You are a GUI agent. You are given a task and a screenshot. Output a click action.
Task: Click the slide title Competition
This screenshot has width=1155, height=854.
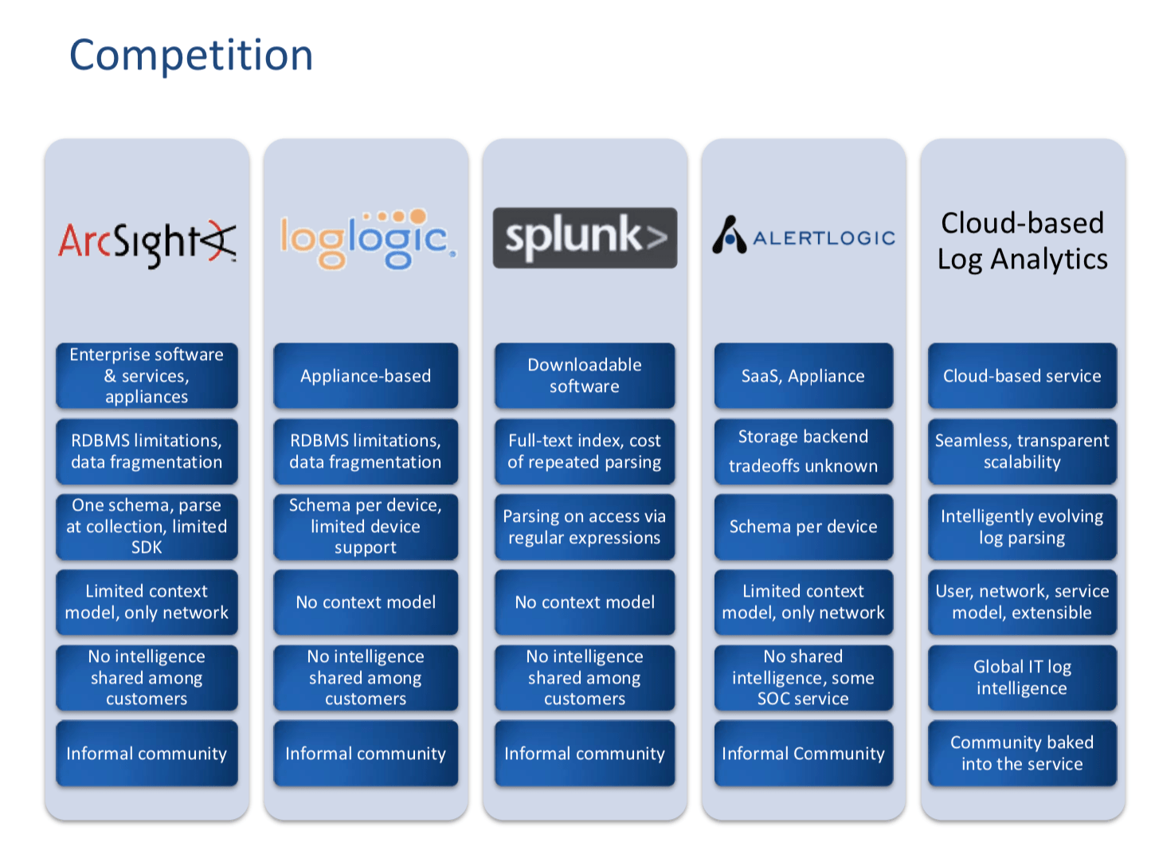pos(191,55)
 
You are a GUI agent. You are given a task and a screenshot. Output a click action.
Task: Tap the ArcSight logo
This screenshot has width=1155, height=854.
pos(147,241)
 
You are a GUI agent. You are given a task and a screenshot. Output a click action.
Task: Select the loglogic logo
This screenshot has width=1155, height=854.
pos(367,239)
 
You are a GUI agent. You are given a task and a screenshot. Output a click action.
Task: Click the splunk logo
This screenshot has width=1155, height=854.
pos(585,237)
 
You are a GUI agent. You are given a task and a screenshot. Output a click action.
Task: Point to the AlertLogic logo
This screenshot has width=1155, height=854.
pos(803,237)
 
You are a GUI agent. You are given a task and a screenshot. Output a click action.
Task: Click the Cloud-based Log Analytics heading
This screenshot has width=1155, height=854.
pos(1022,241)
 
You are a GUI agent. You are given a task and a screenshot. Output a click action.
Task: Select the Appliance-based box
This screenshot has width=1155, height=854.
pos(366,376)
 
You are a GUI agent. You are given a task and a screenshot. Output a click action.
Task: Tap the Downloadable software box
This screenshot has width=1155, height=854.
pos(585,376)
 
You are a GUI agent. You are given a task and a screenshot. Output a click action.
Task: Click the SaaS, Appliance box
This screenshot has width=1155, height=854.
pos(803,376)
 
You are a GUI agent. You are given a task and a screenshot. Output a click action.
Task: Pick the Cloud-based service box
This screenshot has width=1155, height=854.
pos(1022,376)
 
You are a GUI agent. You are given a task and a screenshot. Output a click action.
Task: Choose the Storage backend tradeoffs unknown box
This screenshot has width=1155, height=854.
pos(803,452)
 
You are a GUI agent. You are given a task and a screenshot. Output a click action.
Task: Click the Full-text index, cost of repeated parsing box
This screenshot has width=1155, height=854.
pos(585,452)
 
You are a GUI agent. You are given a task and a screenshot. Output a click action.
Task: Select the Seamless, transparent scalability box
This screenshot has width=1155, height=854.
pos(1022,452)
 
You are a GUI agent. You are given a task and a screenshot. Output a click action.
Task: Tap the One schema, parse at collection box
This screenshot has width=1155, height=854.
pos(147,527)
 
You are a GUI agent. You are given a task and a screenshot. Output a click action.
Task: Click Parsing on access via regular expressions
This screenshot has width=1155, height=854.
pos(585,527)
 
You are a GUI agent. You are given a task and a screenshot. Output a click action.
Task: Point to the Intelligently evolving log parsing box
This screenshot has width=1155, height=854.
pos(1022,527)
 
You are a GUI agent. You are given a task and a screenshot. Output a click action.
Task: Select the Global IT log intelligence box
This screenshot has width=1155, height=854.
pos(1022,678)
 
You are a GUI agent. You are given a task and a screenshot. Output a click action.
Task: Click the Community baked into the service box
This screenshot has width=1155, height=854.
pos(1022,754)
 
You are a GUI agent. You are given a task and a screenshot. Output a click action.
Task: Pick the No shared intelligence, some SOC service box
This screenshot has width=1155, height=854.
pos(803,678)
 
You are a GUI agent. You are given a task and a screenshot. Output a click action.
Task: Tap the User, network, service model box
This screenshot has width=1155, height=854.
pos(1022,602)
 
